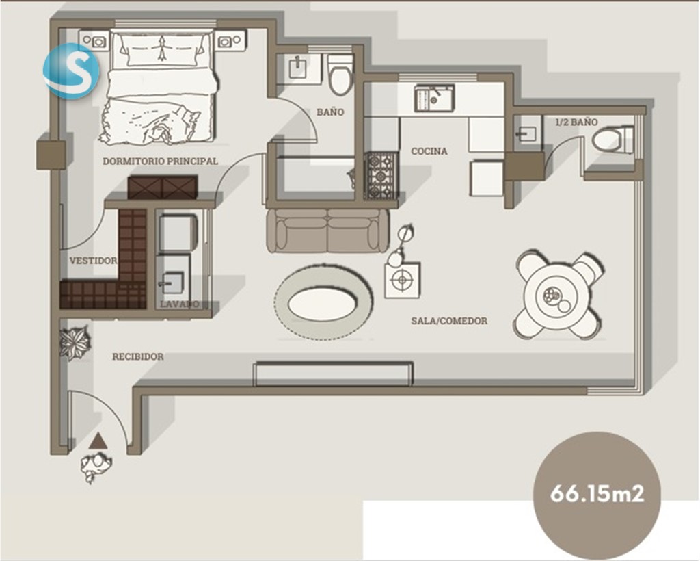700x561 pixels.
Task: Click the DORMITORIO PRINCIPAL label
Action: tap(160, 161)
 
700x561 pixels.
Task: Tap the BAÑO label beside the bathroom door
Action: tap(330, 112)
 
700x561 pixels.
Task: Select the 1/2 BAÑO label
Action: tap(576, 122)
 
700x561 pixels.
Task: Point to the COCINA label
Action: tap(429, 151)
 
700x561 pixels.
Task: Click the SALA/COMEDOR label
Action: tap(449, 321)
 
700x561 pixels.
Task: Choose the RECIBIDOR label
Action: tap(137, 356)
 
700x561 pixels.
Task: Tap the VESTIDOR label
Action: tap(93, 261)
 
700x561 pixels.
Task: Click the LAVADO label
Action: tap(180, 304)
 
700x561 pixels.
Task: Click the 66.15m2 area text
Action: tap(597, 493)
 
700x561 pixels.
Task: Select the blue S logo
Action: tap(71, 70)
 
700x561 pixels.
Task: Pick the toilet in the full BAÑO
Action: tap(341, 74)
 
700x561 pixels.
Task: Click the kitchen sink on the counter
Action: tap(434, 98)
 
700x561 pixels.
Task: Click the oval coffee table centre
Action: tap(323, 304)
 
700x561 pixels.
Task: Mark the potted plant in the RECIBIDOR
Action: tap(75, 343)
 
